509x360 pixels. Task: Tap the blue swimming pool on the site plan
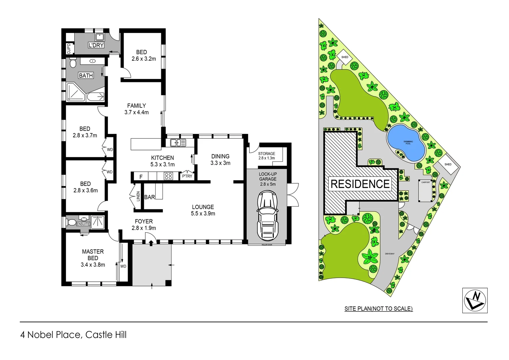click(x=406, y=143)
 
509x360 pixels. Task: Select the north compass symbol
click(x=475, y=300)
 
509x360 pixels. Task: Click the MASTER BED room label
click(x=93, y=258)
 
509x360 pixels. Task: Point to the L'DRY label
click(x=96, y=45)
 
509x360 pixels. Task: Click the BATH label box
click(x=86, y=76)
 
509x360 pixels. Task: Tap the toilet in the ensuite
click(x=71, y=222)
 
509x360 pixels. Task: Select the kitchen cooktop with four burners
click(x=168, y=176)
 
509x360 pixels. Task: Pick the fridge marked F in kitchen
click(x=141, y=177)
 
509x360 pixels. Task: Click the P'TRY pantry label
click(x=187, y=176)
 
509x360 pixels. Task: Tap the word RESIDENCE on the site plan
click(x=360, y=184)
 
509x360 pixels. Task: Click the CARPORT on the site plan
click(x=425, y=191)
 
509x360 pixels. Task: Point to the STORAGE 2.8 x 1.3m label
click(x=266, y=156)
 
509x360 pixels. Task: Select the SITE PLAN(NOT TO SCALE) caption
click(x=378, y=309)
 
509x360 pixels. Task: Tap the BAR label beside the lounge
click(x=150, y=197)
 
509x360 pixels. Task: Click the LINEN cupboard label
click(x=138, y=196)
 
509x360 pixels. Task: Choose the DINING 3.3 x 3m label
click(x=220, y=159)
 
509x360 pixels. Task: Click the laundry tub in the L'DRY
click(x=99, y=37)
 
